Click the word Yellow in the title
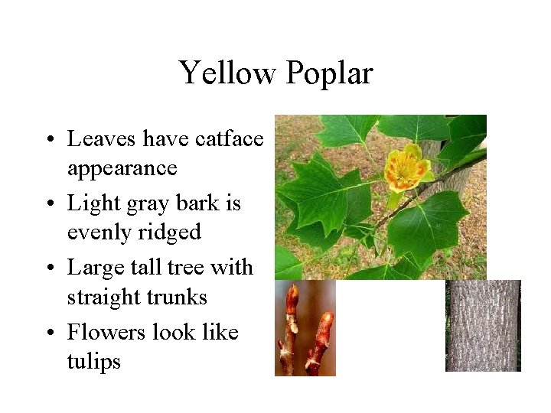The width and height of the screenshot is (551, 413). pos(227,73)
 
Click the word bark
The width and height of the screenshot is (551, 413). pos(201,203)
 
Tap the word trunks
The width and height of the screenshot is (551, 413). pos(178,297)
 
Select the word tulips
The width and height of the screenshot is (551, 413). pos(94,361)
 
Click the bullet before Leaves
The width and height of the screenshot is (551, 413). pos(48,140)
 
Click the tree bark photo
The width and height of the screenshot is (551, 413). pos(483,326)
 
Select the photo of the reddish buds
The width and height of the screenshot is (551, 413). pos(305,329)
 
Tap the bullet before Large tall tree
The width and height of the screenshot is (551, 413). pos(48,268)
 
